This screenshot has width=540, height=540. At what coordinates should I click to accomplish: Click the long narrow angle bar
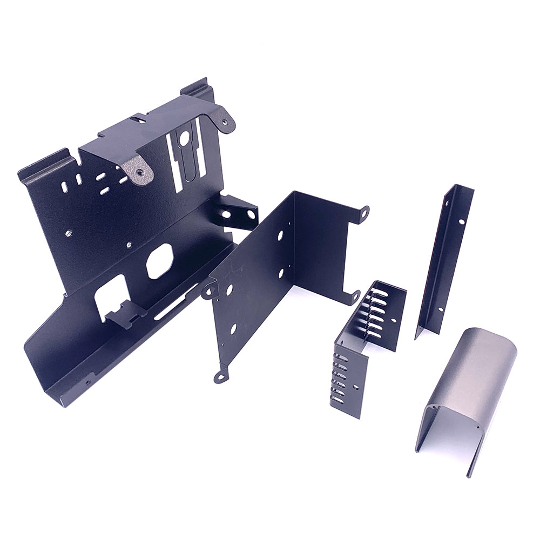[x=444, y=259]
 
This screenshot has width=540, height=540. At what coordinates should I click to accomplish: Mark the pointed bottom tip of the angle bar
[x=416, y=337]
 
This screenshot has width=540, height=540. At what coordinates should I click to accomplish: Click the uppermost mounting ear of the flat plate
[x=363, y=212]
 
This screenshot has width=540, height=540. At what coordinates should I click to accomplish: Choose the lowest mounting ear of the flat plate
[x=220, y=376]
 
